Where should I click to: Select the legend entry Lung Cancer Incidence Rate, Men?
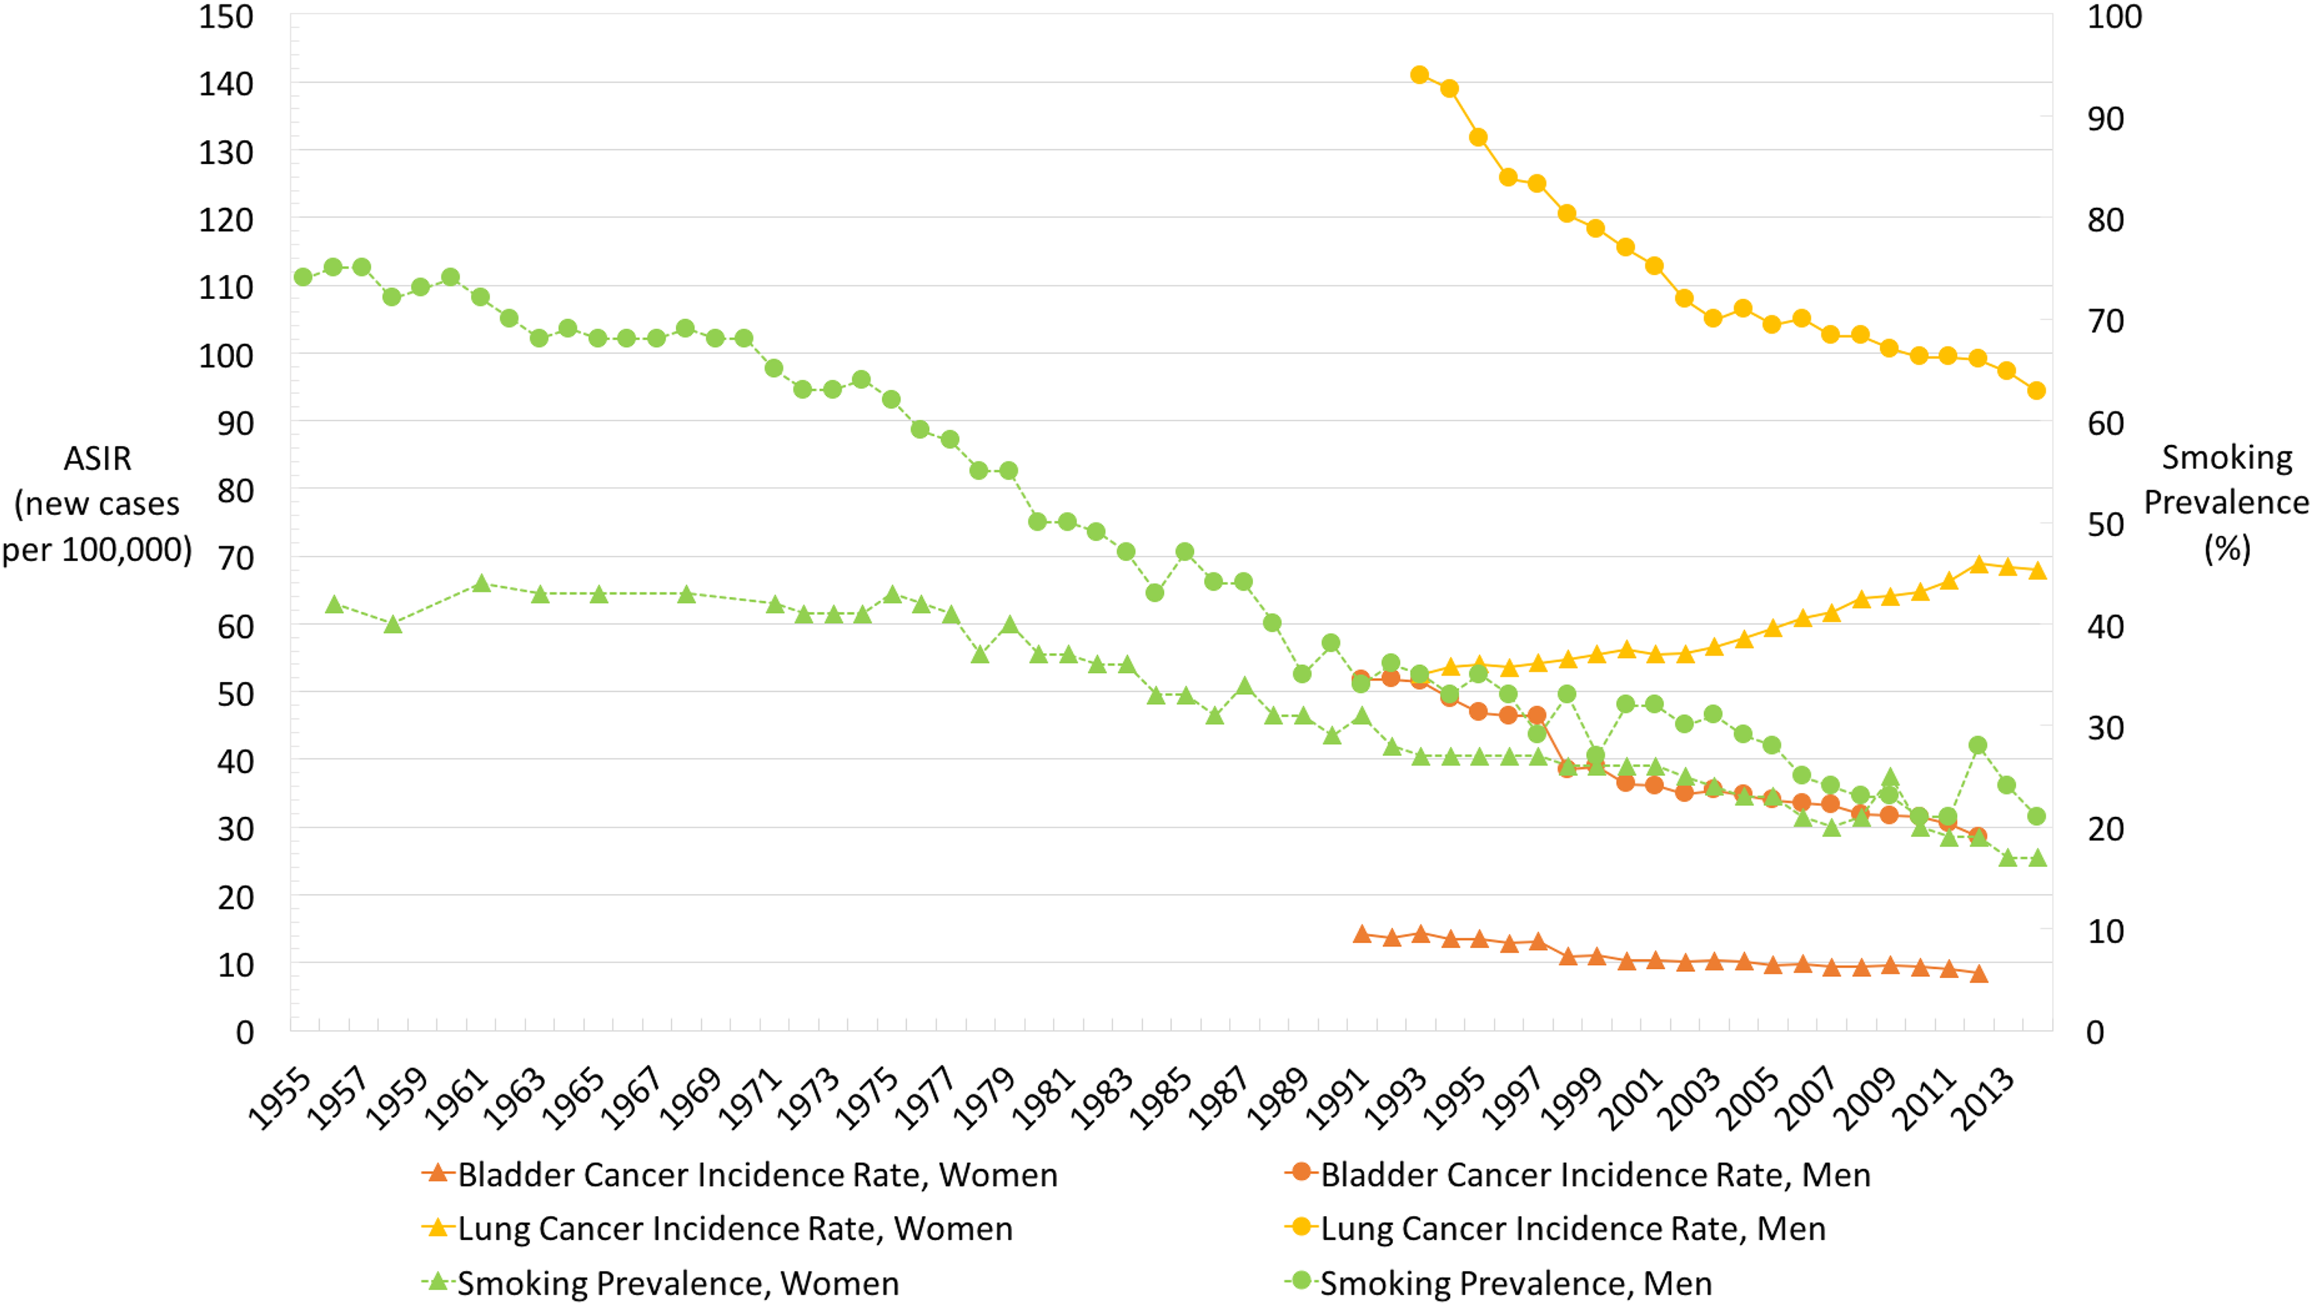point(1555,1228)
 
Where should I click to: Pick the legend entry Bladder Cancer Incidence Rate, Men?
point(1577,1174)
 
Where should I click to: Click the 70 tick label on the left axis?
point(235,558)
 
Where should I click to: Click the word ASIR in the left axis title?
point(97,459)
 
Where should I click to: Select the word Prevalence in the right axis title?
point(2226,502)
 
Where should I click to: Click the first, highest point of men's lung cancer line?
point(1419,75)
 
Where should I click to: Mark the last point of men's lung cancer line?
point(2037,391)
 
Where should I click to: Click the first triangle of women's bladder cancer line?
point(1362,934)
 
